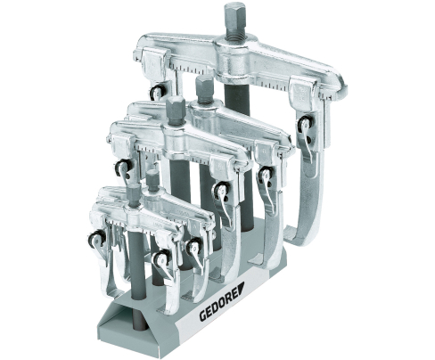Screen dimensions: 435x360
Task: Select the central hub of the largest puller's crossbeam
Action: (x=237, y=57)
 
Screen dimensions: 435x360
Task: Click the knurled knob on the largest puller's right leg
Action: (x=304, y=124)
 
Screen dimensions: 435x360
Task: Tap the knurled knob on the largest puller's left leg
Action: (x=156, y=93)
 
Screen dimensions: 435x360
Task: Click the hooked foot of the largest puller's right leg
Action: (x=297, y=236)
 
